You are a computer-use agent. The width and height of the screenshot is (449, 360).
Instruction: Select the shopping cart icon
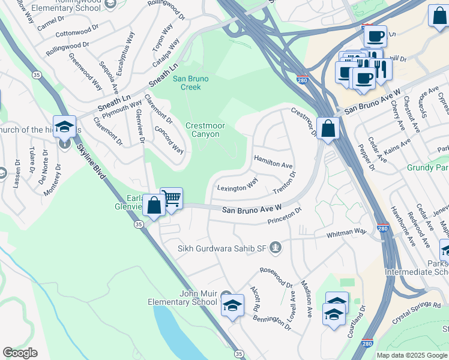point(172,197)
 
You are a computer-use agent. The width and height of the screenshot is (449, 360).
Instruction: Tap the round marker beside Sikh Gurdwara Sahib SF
point(276,247)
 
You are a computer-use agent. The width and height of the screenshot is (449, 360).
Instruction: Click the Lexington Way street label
point(237,184)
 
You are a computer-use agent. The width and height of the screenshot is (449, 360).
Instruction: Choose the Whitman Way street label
point(346,233)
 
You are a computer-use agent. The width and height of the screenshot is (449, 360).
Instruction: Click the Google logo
point(20,353)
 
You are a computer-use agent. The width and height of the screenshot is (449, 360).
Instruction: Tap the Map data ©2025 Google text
point(412,355)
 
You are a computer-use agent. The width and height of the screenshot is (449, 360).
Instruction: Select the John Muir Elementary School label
point(198,298)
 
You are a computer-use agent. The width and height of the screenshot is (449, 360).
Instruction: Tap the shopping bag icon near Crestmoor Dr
point(328,128)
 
